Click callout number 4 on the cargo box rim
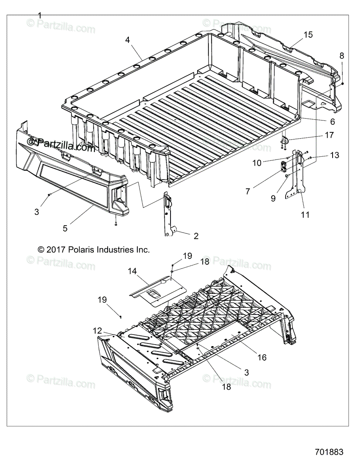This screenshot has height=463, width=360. point(128,40)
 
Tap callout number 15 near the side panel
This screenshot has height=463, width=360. point(308,35)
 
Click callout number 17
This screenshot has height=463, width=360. point(329,135)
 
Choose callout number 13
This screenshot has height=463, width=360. point(335,155)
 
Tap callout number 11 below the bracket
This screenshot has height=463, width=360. point(305,215)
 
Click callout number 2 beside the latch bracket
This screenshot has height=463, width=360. point(196,236)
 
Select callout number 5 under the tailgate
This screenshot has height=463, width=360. point(65,228)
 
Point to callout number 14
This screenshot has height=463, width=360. point(132,271)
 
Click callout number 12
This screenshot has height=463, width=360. point(97,330)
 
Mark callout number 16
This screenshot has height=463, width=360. point(262,357)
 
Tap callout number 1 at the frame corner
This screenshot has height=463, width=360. point(39,15)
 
